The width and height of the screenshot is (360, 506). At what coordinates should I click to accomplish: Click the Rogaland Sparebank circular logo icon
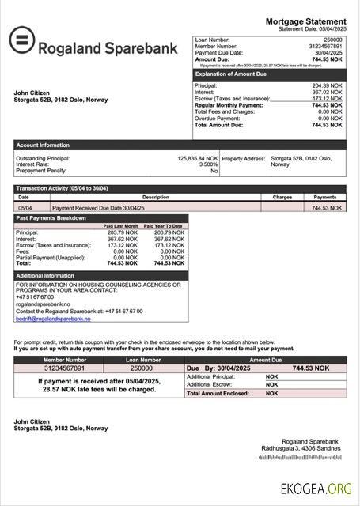pos(24,42)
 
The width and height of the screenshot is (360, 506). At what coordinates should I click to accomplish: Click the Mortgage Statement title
pos(305,21)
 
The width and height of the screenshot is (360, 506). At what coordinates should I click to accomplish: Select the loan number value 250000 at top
pos(332,39)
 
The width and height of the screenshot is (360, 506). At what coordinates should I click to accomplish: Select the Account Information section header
pos(43,145)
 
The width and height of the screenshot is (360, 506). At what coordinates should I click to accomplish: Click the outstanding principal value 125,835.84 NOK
pos(197,158)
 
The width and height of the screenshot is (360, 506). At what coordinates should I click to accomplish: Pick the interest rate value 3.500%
pos(208,164)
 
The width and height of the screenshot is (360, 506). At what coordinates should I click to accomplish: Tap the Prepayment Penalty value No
pos(214,171)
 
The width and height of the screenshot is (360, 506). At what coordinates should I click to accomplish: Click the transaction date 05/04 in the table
pos(25,207)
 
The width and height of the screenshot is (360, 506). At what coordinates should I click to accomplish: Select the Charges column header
pos(282,197)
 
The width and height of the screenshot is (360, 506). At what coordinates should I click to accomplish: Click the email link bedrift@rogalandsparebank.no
pos(53,319)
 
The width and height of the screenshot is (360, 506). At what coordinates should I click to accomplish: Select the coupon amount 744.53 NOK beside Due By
pos(310,368)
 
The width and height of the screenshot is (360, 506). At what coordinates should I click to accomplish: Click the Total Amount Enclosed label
pos(218,393)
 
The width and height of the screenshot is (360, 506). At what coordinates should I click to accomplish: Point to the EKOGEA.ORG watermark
pos(316,489)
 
